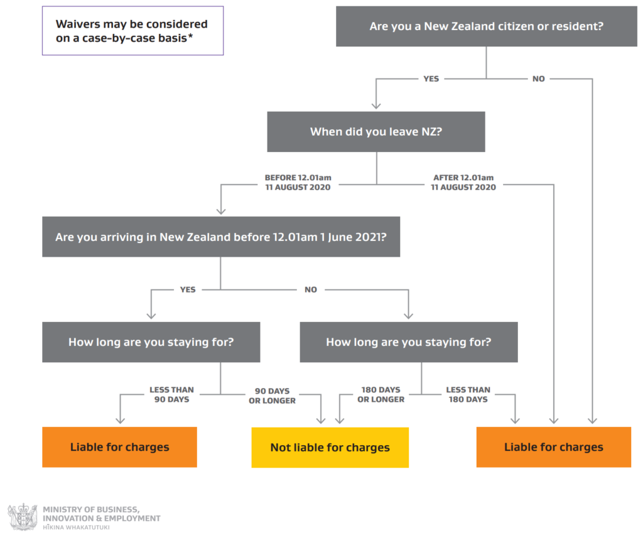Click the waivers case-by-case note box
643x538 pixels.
133,31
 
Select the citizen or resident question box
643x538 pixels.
487,26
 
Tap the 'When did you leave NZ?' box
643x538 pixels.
376,132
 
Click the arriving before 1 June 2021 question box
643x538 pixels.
221,237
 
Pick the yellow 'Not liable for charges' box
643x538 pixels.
330,448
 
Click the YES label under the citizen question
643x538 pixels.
431,78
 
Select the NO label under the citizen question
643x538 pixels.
538,78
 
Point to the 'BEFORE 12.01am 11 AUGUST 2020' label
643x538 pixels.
298,183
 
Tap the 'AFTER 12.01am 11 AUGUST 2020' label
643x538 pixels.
463,183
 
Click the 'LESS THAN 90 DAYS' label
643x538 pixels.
171,394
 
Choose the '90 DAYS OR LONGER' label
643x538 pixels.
273,395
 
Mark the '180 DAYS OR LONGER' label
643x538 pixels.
381,394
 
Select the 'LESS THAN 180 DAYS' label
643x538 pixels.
468,394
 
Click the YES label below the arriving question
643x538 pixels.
188,289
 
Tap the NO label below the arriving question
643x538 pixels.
311,289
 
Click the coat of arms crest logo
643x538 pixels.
23,517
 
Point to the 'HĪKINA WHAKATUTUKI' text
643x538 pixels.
76,527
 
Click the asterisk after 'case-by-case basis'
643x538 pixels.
190,36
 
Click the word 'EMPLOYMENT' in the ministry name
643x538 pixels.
132,519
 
